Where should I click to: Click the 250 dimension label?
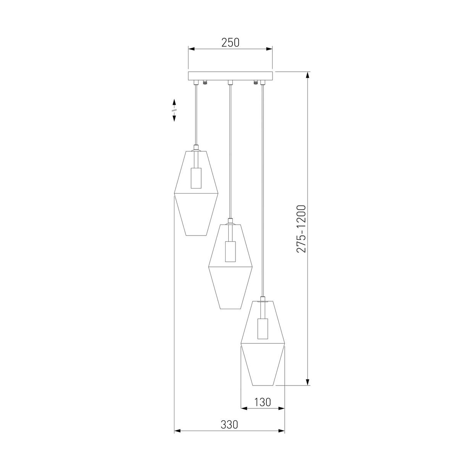tap(230, 42)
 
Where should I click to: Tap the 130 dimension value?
tap(263, 402)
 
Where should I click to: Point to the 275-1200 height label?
tap(302, 229)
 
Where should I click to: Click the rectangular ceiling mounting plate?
tap(230, 76)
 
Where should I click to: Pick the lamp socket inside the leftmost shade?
tap(196, 178)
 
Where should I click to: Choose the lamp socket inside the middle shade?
tap(230, 252)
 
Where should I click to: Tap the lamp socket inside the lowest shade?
tap(263, 329)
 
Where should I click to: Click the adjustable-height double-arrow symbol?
tap(174, 110)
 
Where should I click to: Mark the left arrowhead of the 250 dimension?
tap(191, 49)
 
